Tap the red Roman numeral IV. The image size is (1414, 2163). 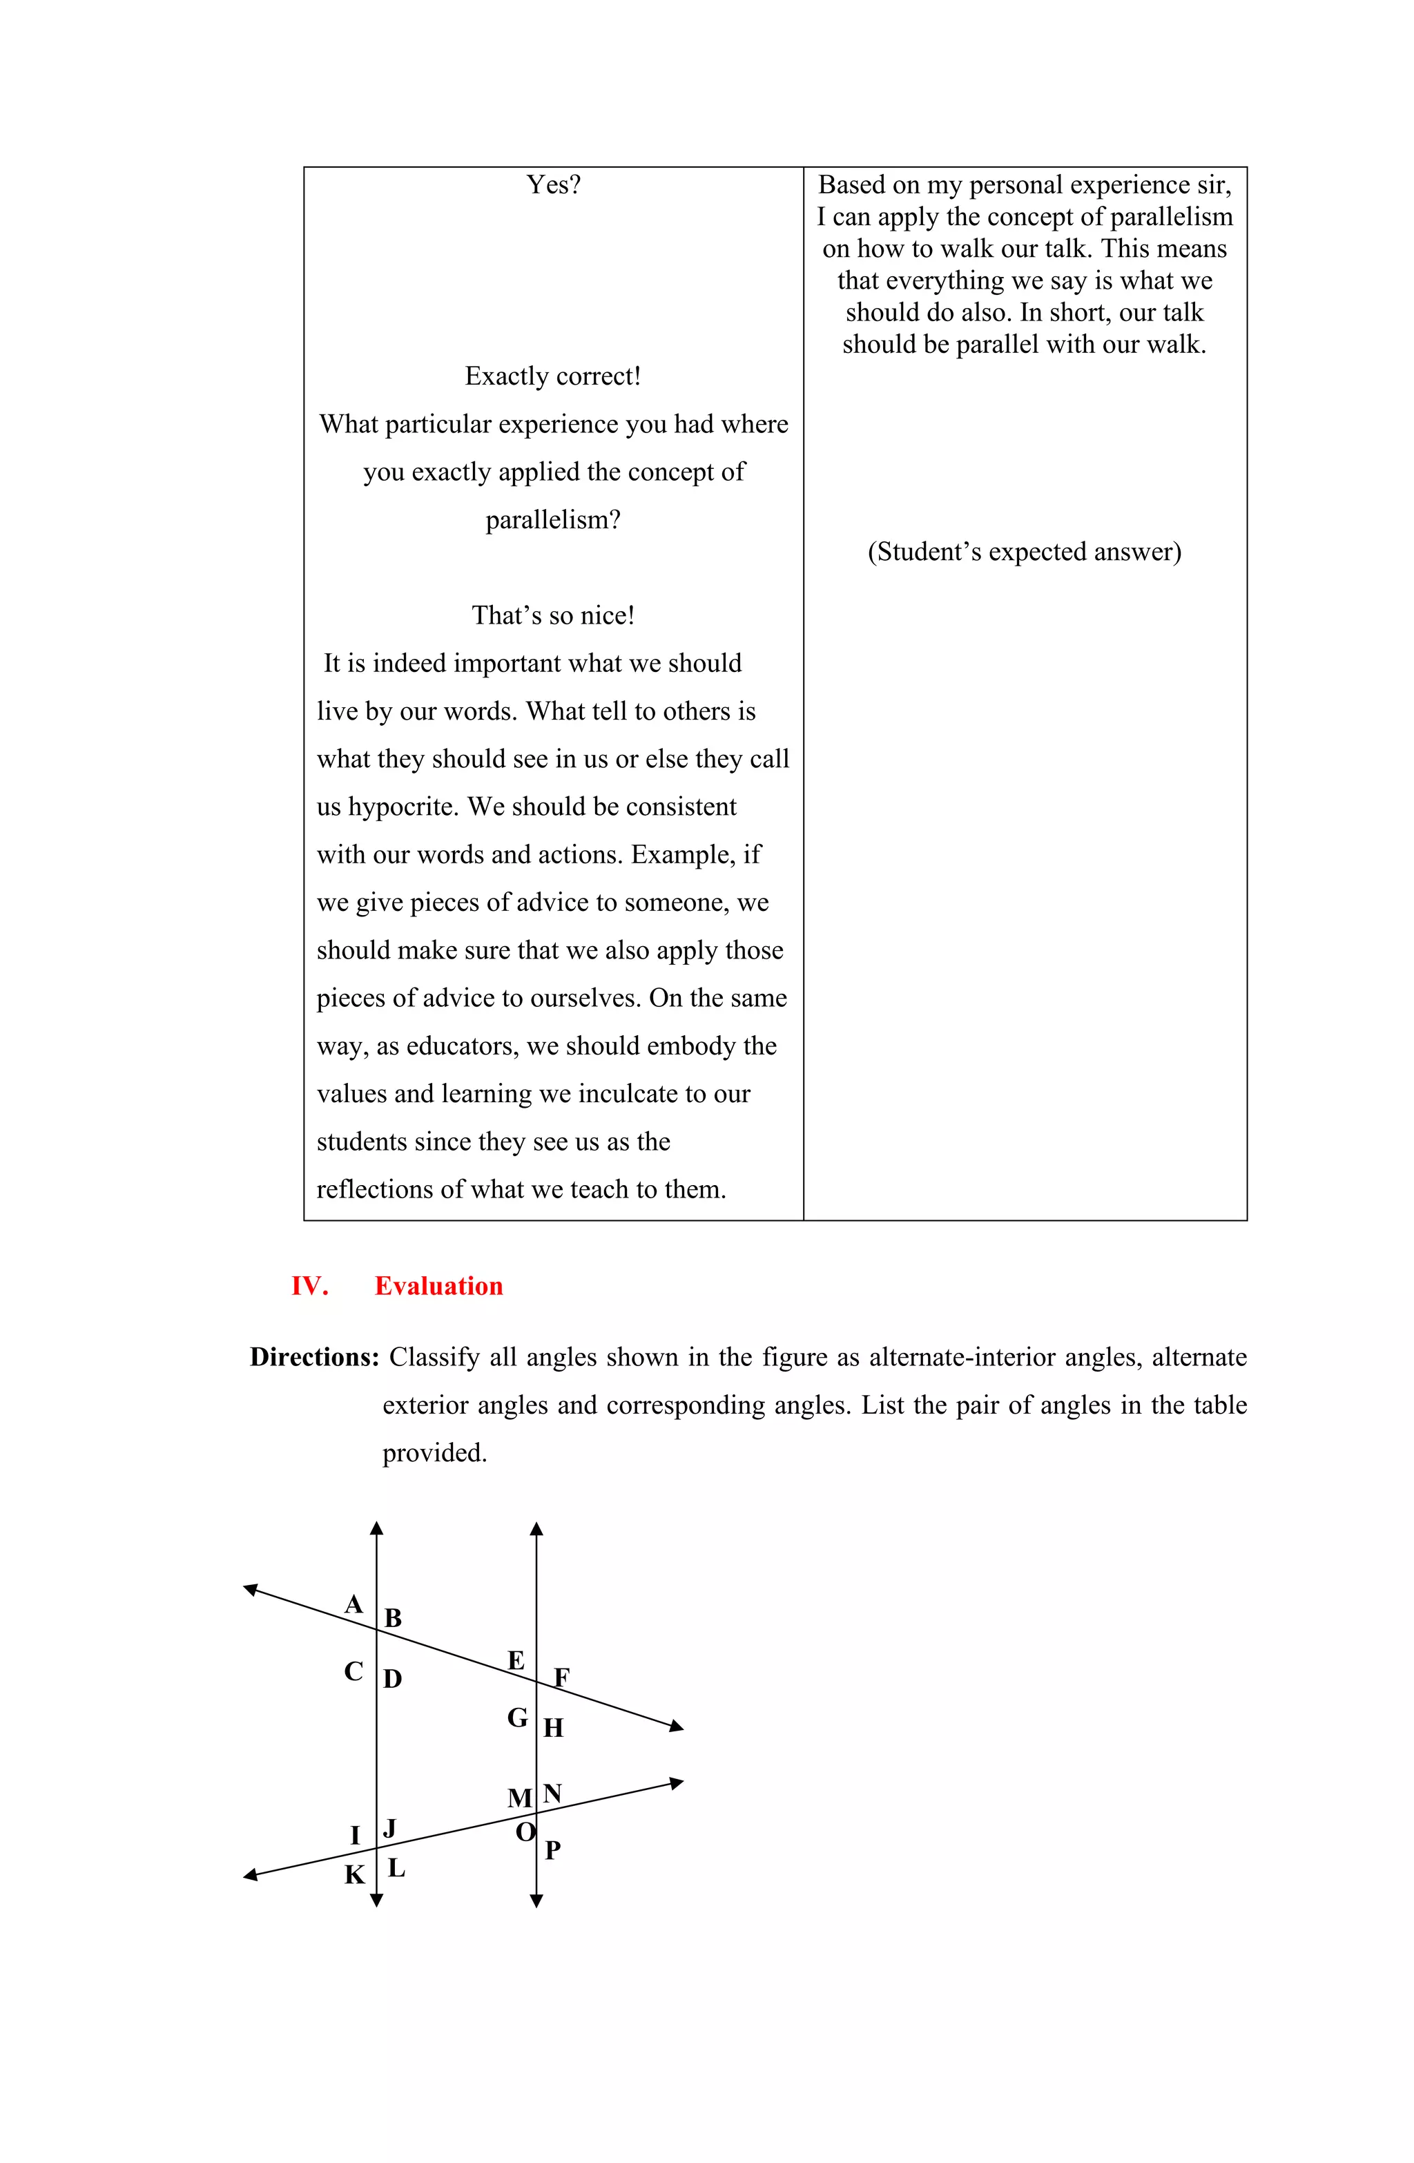pos(309,1286)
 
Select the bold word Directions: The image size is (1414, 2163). pos(314,1357)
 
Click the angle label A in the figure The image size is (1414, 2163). pos(353,1605)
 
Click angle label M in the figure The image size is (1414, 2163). pos(519,1798)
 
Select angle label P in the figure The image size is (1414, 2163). pos(552,1850)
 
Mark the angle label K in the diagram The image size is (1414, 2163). pos(353,1875)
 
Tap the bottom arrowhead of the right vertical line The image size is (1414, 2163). pos(536,1901)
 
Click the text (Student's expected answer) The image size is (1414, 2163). pos(1024,552)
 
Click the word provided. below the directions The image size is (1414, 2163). pos(434,1453)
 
